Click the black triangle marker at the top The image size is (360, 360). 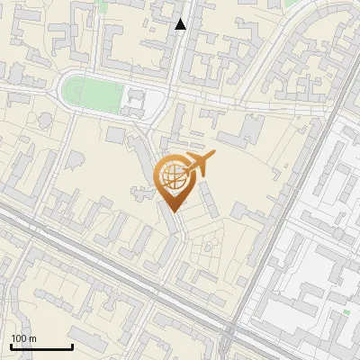point(181,24)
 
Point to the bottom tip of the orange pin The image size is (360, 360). point(173,211)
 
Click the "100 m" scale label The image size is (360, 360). point(23,338)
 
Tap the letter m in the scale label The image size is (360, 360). point(32,338)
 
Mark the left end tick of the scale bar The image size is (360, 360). point(11,346)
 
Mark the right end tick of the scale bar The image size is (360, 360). point(72,346)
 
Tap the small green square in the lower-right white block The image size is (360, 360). point(346,312)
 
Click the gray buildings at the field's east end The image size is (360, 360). point(132,101)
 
